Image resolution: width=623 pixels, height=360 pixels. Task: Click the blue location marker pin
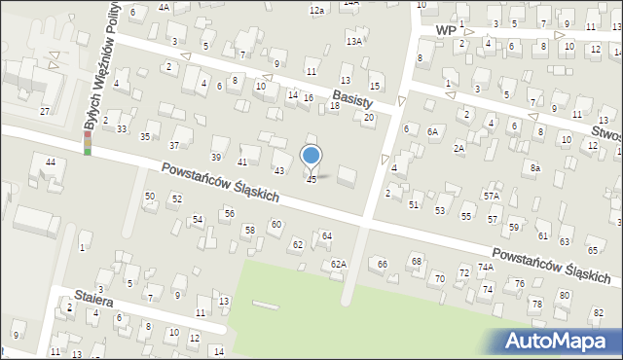(x=311, y=157)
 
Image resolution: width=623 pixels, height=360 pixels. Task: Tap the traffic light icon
(x=88, y=144)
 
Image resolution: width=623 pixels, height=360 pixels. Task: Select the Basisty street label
(x=352, y=99)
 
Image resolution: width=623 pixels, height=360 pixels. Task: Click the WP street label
(x=446, y=31)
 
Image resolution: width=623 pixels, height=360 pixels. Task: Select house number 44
(x=50, y=162)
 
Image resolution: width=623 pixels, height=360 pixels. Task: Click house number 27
(x=44, y=112)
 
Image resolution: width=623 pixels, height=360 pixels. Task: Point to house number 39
(x=217, y=158)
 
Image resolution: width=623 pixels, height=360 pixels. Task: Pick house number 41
(x=242, y=162)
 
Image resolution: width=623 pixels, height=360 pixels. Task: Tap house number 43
(x=279, y=171)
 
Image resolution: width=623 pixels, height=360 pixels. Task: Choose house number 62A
(x=338, y=264)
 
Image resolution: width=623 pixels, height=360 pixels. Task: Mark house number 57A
(x=492, y=196)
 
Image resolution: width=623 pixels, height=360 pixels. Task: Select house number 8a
(x=534, y=168)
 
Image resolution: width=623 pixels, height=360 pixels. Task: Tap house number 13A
(x=354, y=41)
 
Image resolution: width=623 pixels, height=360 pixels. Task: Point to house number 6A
(x=432, y=130)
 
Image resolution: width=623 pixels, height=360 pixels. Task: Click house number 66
(x=383, y=265)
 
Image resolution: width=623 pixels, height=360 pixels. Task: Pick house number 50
(x=149, y=197)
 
